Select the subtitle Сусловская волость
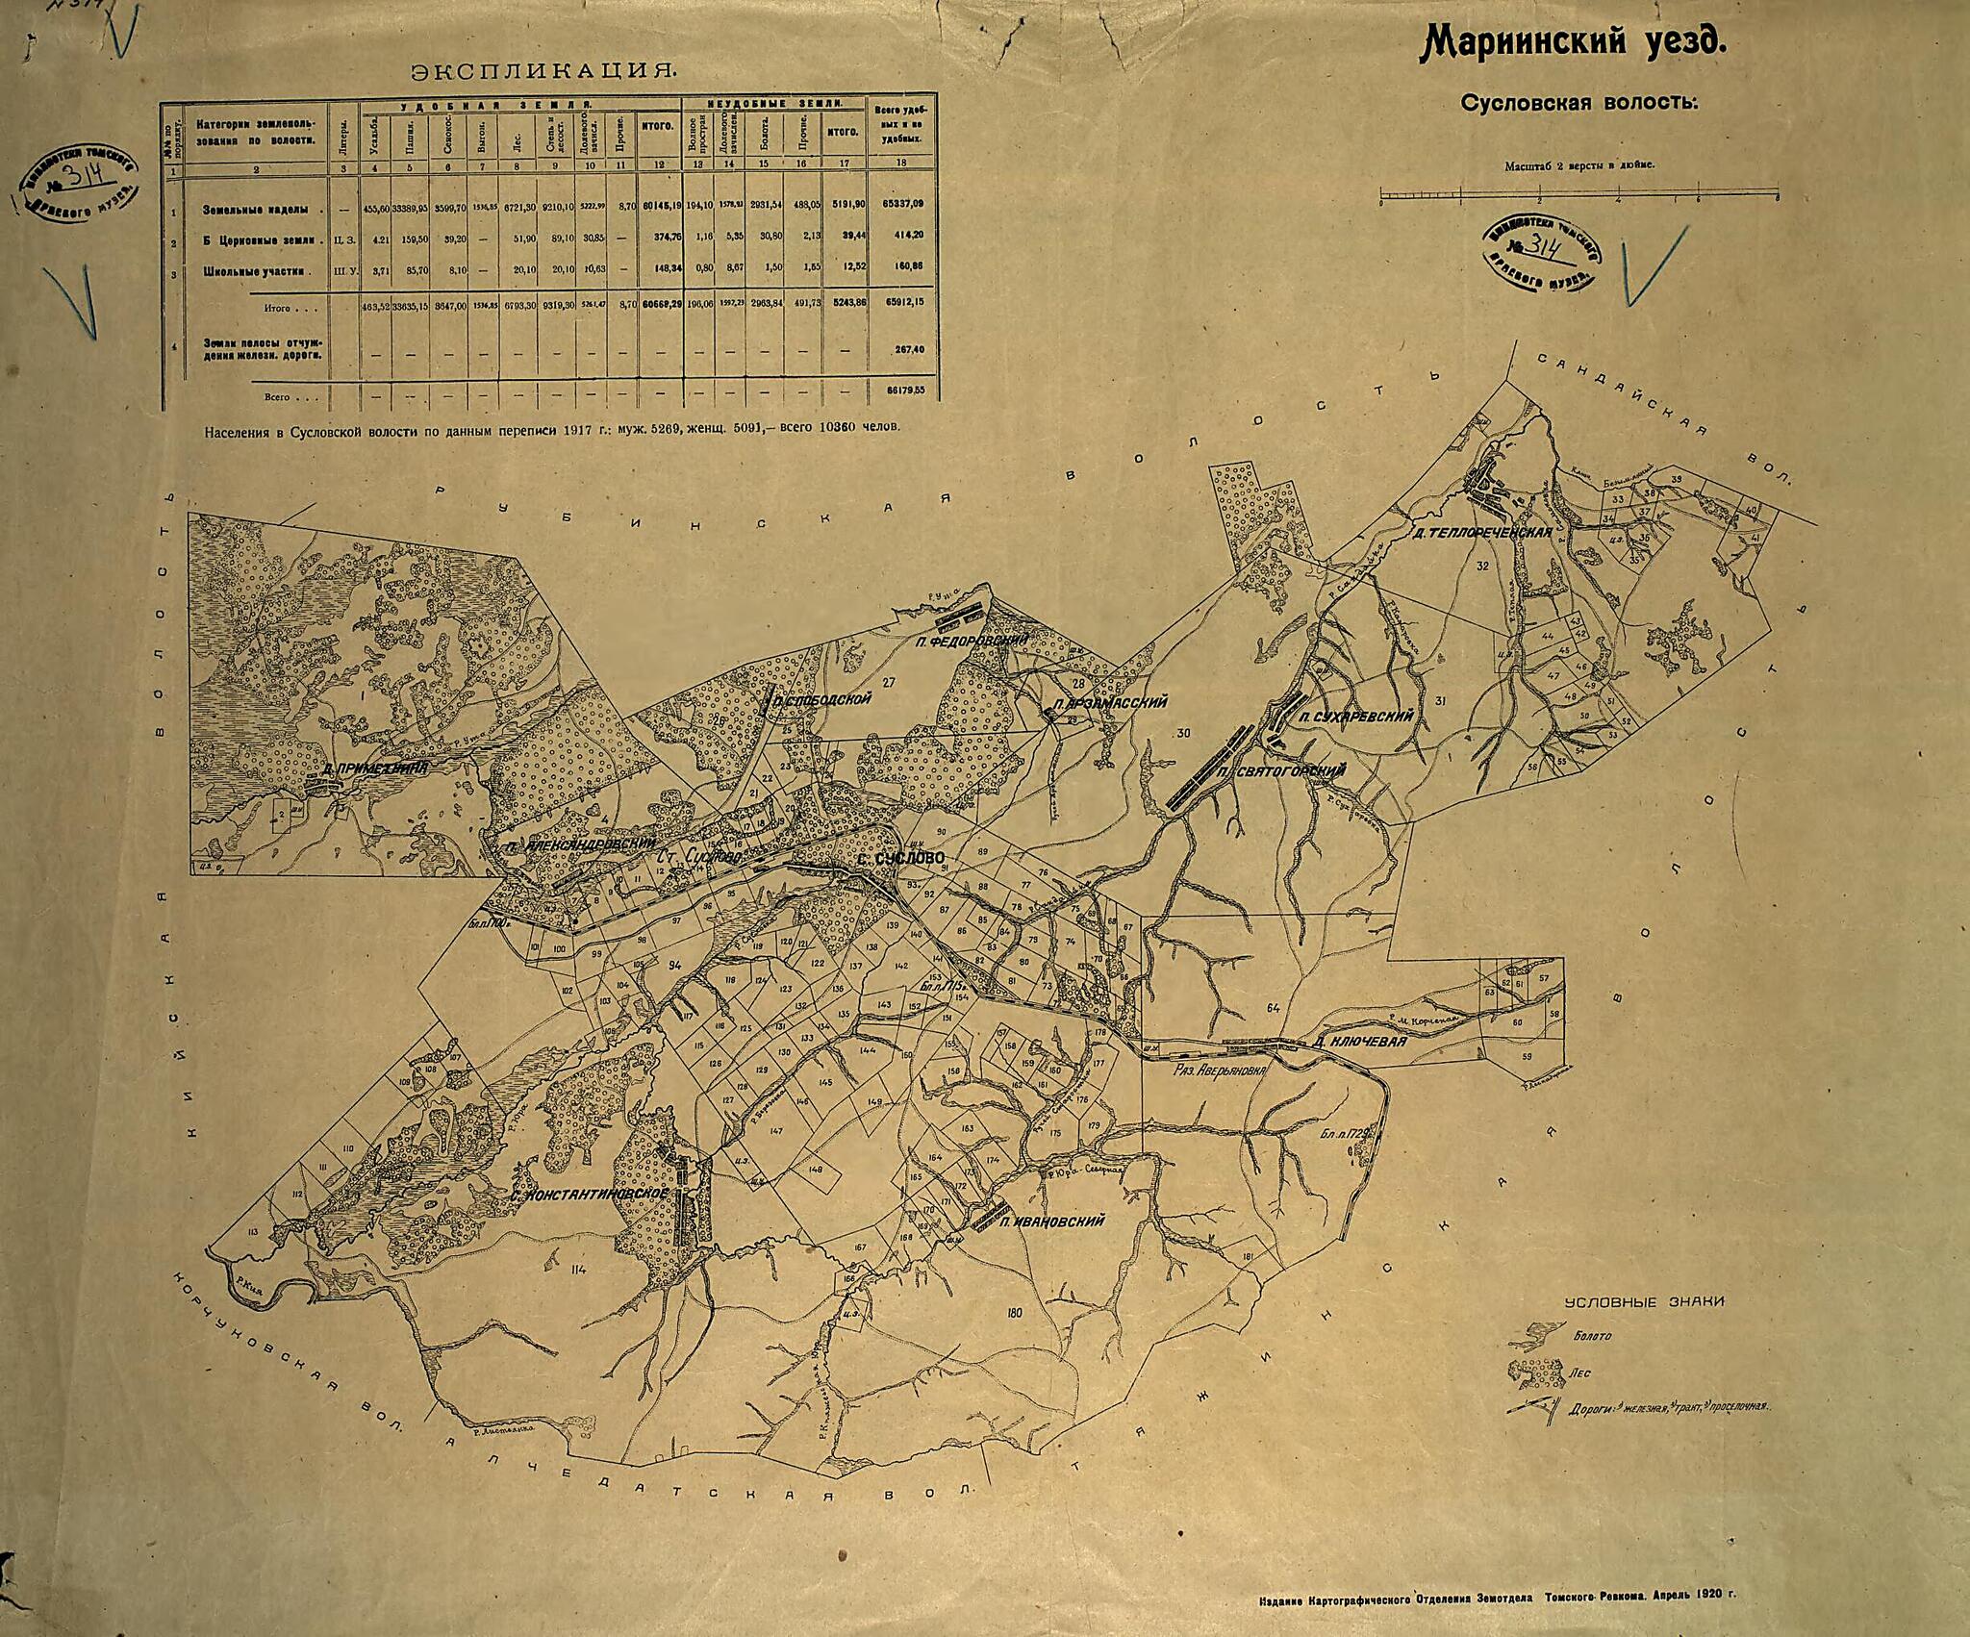tap(1579, 103)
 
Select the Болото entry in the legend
tap(1593, 1336)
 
